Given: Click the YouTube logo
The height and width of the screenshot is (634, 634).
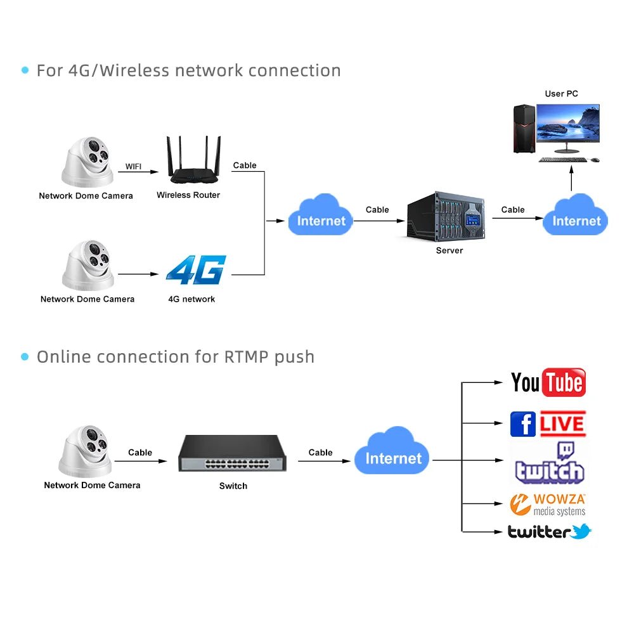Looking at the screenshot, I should click(548, 382).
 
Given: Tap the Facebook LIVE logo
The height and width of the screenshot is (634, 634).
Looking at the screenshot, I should click(548, 424).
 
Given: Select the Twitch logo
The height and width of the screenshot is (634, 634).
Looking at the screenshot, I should click(549, 464).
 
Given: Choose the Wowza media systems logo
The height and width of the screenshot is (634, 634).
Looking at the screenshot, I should click(548, 505).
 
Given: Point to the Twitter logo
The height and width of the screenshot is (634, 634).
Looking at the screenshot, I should click(549, 532).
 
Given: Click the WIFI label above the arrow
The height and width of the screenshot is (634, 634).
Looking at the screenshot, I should click(133, 166).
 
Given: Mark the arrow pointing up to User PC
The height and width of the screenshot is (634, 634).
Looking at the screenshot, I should click(571, 179).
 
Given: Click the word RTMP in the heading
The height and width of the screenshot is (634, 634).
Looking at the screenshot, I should click(247, 357).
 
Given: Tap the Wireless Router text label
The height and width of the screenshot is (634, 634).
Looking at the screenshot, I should click(188, 195).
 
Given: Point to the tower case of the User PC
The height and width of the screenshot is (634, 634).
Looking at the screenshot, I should click(523, 129).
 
